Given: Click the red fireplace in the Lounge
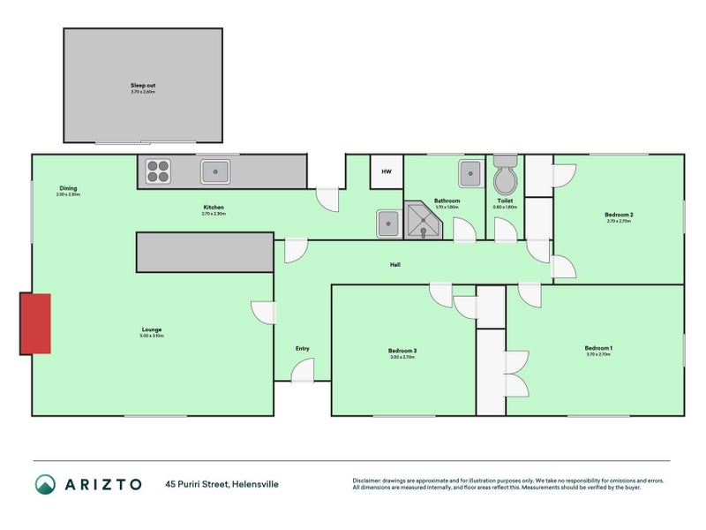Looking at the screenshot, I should pyautogui.click(x=35, y=324).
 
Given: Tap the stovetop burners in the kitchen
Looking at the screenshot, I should pyautogui.click(x=159, y=170).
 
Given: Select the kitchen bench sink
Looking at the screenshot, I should pyautogui.click(x=214, y=170).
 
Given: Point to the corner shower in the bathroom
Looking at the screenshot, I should pyautogui.click(x=423, y=221).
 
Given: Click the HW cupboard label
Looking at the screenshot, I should pyautogui.click(x=386, y=171).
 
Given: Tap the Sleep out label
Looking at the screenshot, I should pyautogui.click(x=143, y=86).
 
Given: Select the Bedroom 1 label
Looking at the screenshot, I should pyautogui.click(x=598, y=348).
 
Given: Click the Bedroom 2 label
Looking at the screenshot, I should pyautogui.click(x=619, y=215).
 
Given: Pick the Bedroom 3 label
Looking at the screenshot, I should pyautogui.click(x=402, y=351).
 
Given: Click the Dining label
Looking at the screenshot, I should pyautogui.click(x=68, y=188).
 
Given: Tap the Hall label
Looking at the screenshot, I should pyautogui.click(x=396, y=264).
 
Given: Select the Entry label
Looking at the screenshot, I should pyautogui.click(x=302, y=348).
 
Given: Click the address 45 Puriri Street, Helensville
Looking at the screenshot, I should pyautogui.click(x=227, y=483).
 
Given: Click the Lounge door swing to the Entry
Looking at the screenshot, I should pyautogui.click(x=263, y=313).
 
